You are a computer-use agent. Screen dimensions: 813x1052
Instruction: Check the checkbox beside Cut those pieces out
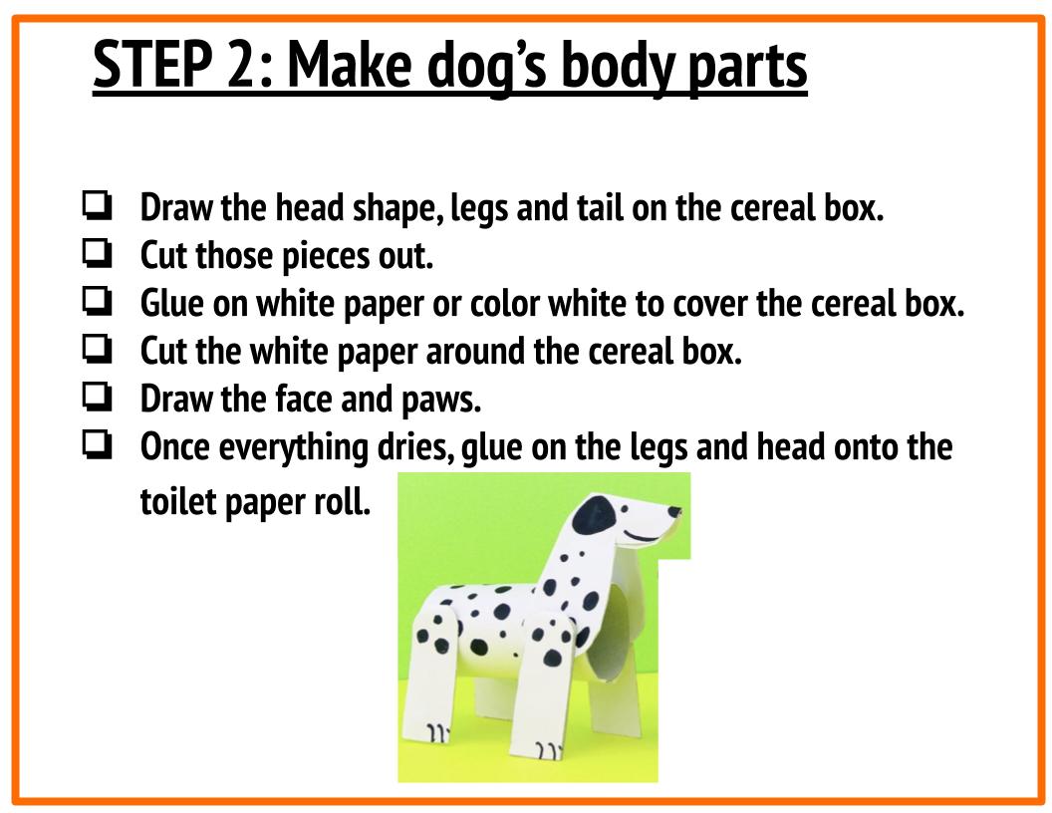pos(97,256)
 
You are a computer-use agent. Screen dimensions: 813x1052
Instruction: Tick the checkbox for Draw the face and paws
pos(97,399)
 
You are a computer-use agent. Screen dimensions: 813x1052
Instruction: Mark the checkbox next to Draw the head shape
pos(97,208)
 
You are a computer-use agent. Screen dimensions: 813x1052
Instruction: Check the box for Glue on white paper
pos(97,303)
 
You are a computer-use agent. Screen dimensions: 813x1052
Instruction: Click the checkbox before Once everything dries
pos(97,446)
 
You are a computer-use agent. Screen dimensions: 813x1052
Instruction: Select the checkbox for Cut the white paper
pos(97,351)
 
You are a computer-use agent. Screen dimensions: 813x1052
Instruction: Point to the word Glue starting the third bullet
pos(172,304)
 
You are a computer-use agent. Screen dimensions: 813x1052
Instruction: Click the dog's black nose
pos(675,512)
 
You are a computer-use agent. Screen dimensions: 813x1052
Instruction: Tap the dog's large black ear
pos(596,516)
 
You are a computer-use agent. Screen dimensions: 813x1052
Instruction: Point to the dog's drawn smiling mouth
pos(644,537)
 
